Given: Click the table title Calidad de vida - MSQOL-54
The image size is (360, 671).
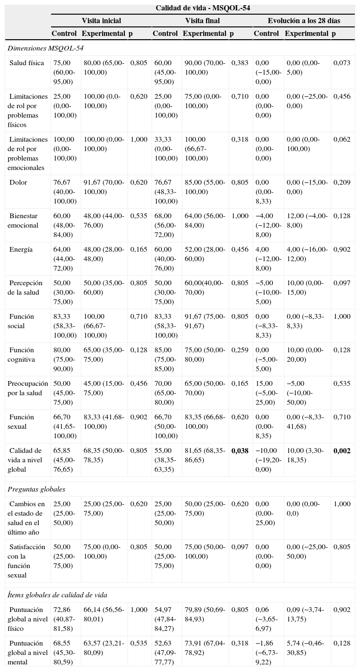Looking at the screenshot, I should [203, 8].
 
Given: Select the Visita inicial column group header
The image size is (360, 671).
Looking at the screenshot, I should [101, 21].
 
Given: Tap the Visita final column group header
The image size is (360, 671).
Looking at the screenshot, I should [202, 21].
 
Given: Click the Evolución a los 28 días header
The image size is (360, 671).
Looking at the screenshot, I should [304, 21].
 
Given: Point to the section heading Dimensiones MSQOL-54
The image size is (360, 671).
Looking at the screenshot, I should [39, 48].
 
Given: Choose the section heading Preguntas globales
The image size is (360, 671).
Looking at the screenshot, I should [36, 489].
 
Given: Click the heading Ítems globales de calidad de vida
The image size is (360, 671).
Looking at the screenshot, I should [57, 595].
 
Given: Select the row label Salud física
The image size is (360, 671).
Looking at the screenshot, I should [27, 63].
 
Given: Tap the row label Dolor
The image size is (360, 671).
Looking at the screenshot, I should [18, 182].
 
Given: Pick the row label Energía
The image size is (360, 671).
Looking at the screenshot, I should [21, 249].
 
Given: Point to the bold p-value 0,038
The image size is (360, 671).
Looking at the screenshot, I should [240, 451].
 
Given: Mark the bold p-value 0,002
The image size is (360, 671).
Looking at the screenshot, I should [342, 451].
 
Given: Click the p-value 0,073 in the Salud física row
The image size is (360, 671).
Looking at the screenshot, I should [342, 63].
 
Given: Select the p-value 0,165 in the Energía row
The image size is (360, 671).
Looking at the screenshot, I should [138, 249].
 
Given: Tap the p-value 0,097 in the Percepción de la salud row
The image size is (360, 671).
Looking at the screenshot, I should [342, 283].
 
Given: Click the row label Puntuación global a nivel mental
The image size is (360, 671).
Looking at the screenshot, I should [27, 653].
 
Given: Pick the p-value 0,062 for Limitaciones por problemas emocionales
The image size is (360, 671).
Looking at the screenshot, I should [342, 139].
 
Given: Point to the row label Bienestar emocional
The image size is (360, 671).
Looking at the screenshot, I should [24, 221].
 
